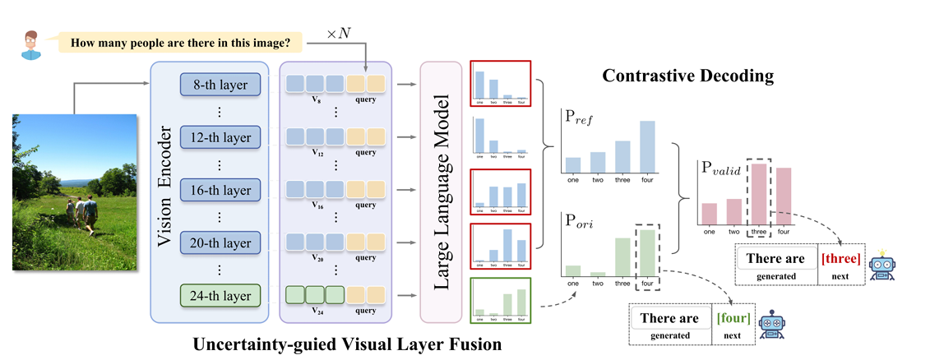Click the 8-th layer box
(220, 84)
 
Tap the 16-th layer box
(220, 190)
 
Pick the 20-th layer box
(220, 242)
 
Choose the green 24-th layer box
(220, 293)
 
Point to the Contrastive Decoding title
(687, 76)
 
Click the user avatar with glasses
(31, 42)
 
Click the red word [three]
(840, 259)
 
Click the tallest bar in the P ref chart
(647, 148)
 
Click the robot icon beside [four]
(771, 323)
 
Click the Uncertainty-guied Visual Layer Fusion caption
(346, 344)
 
